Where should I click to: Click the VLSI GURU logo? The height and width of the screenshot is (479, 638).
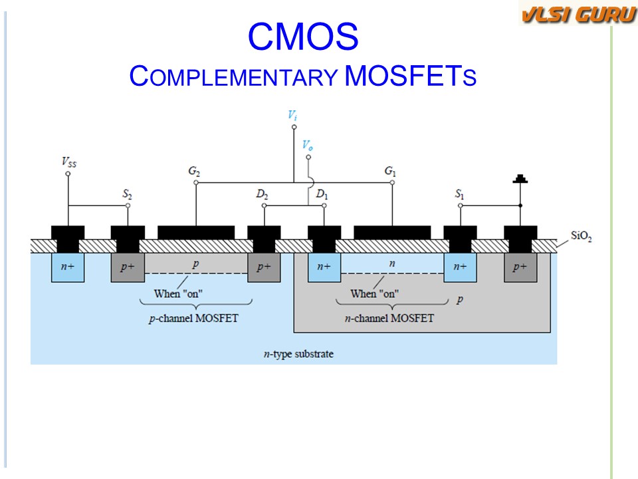pos(578,14)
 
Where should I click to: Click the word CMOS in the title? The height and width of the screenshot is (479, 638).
pos(302,38)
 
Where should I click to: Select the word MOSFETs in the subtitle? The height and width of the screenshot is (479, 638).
pos(411,76)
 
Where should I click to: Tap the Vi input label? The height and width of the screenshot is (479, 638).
pos(292,115)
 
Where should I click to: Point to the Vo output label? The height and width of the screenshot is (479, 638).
pos(307,144)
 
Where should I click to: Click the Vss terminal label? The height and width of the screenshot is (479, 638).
pos(68,161)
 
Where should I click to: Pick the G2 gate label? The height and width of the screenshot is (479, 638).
pos(194,171)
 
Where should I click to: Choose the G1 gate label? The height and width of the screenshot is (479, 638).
pos(391,171)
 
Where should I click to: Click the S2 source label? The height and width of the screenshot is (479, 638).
pos(126,195)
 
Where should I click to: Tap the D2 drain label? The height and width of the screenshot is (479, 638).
pos(263,195)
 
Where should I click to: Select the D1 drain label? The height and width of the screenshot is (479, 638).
pos(322,195)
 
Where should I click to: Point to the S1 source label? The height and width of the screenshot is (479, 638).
pos(459,195)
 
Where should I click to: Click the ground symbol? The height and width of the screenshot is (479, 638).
pos(520,179)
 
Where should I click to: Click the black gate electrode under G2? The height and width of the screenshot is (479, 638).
pos(196,232)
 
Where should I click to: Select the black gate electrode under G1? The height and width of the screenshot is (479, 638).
pos(392,232)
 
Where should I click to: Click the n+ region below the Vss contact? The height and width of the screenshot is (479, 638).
pos(67,267)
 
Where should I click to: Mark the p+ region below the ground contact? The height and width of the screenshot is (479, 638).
pos(520,267)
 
